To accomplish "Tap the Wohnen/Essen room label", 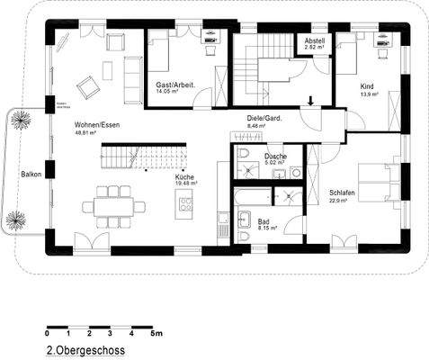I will (x=98, y=125).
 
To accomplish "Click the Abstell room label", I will (x=315, y=41).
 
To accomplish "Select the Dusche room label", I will (x=275, y=157).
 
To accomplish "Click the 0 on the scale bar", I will (x=48, y=334).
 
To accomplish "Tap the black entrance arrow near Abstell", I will (x=311, y=103).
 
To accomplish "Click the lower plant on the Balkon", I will (x=16, y=219).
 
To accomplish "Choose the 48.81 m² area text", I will (x=86, y=133).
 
